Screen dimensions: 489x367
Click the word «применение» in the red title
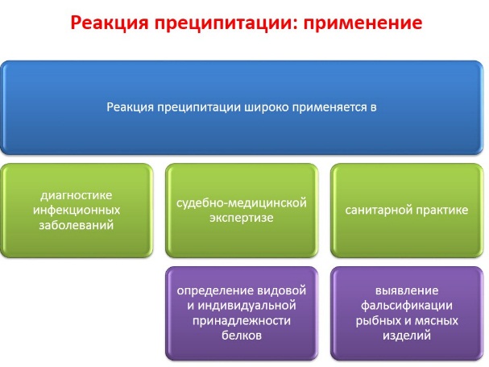coord(363,23)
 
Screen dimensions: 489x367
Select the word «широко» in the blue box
coord(267,108)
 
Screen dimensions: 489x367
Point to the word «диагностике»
coord(77,196)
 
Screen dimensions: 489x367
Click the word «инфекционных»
coord(77,211)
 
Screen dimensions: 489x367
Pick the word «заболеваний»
coord(77,225)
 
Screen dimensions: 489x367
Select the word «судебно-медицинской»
coord(242,203)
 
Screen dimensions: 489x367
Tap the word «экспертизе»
coord(242,218)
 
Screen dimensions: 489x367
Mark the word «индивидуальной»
coord(247,306)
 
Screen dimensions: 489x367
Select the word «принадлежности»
coord(242,321)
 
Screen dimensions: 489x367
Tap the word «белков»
coord(242,336)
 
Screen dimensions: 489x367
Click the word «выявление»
coord(407,291)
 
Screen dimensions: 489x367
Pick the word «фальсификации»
coord(407,306)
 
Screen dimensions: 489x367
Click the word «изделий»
coord(407,336)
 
